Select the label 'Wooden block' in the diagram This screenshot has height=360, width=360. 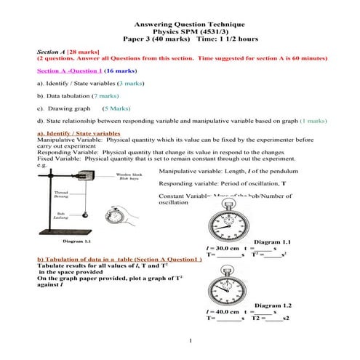(129, 175)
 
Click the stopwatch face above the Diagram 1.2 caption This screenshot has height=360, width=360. (226, 281)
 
